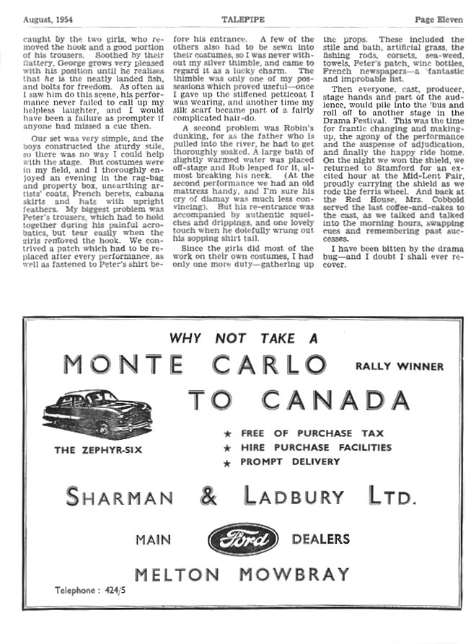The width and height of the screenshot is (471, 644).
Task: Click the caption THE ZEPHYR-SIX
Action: point(98,451)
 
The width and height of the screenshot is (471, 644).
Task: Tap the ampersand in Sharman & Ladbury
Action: point(209,496)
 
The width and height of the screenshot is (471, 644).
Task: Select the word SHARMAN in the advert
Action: point(120,497)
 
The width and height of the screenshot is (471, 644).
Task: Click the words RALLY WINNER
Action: point(400,366)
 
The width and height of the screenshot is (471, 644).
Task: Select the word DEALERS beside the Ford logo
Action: point(320,539)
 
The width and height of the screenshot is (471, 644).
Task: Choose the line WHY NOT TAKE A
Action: point(243,337)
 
